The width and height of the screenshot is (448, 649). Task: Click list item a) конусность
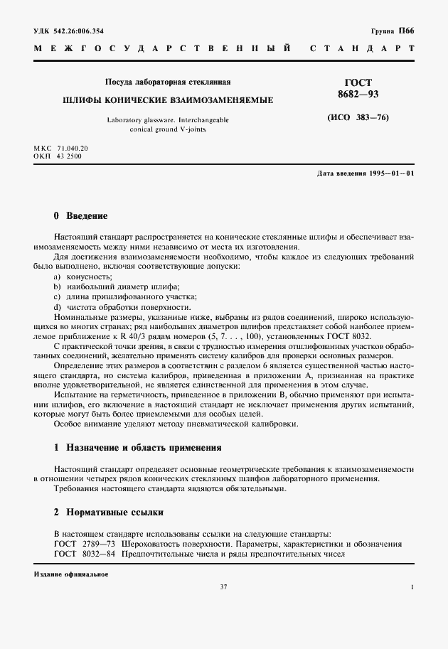[83, 275]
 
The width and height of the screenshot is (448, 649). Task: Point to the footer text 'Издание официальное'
[70, 573]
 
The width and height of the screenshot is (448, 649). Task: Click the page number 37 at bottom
[223, 586]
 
